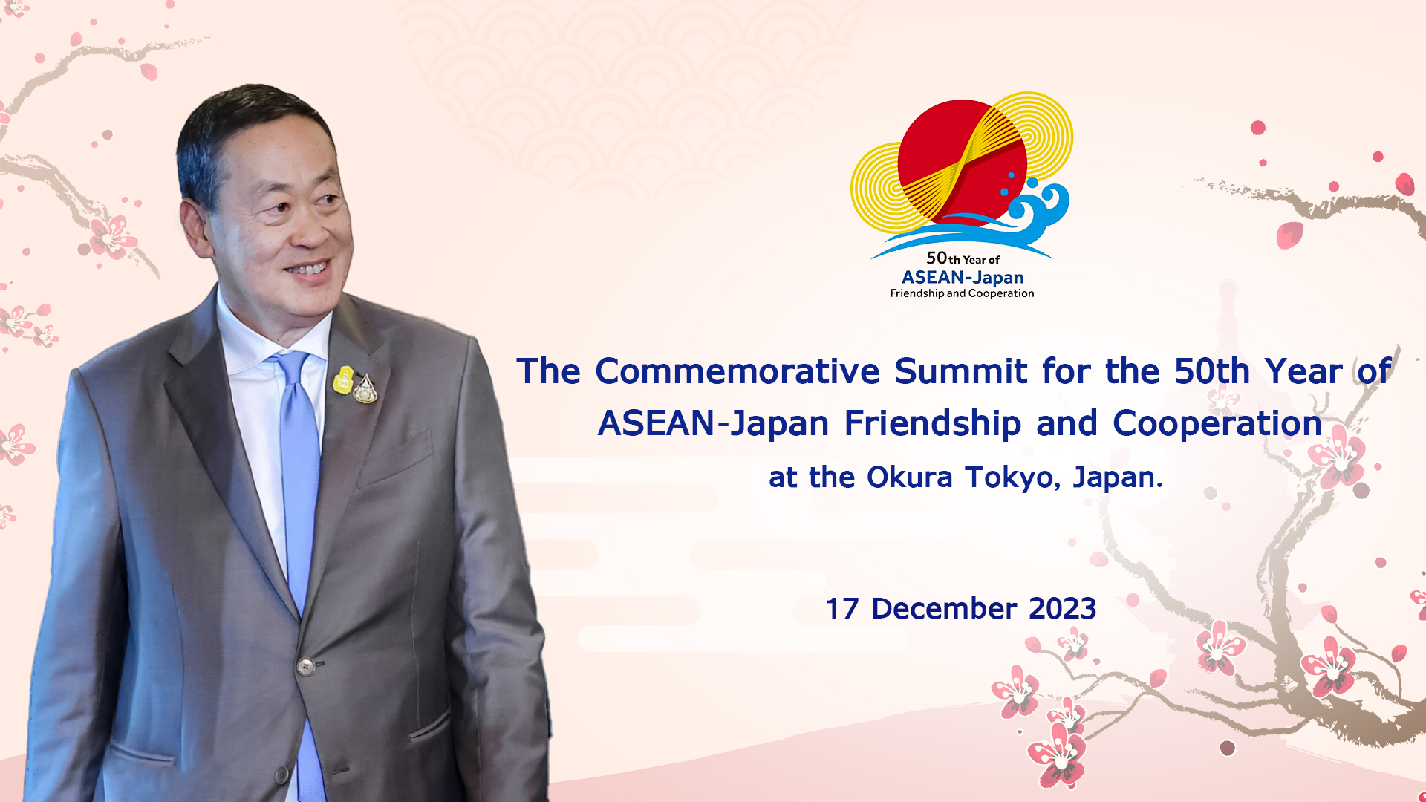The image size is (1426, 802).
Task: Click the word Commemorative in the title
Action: tap(738, 371)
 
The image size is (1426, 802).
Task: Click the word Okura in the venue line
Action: tap(909, 477)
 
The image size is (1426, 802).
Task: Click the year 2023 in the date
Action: tap(1062, 609)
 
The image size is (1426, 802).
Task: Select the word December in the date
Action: tap(944, 609)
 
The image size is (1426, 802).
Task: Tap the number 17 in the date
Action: tap(842, 609)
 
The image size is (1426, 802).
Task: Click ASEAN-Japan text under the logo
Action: tap(963, 278)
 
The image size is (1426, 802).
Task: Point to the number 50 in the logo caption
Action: tap(937, 258)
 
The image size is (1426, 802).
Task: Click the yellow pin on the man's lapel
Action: tap(343, 379)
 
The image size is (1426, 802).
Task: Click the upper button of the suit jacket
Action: tap(305, 666)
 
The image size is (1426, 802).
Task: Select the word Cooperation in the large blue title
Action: tap(1217, 423)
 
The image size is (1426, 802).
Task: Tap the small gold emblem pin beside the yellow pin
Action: tap(365, 388)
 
